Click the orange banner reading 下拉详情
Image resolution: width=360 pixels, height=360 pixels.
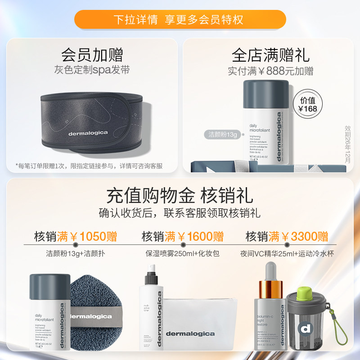(180, 20)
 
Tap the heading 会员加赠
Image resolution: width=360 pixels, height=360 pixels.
(92, 55)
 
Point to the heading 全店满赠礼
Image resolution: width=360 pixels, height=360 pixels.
(270, 55)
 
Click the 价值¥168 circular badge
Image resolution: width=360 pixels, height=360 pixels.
(308, 104)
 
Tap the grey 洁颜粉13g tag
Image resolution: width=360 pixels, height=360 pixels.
(222, 134)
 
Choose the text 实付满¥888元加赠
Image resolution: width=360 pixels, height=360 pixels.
(270, 71)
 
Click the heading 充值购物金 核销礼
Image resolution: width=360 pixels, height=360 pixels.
(180, 196)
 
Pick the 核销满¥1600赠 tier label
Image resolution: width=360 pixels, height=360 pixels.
(183, 236)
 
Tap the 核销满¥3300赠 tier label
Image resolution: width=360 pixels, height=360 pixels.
(287, 236)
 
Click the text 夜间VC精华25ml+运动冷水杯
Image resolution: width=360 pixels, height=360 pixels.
(287, 253)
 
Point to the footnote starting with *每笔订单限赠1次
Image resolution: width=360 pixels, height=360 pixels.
(89, 166)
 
